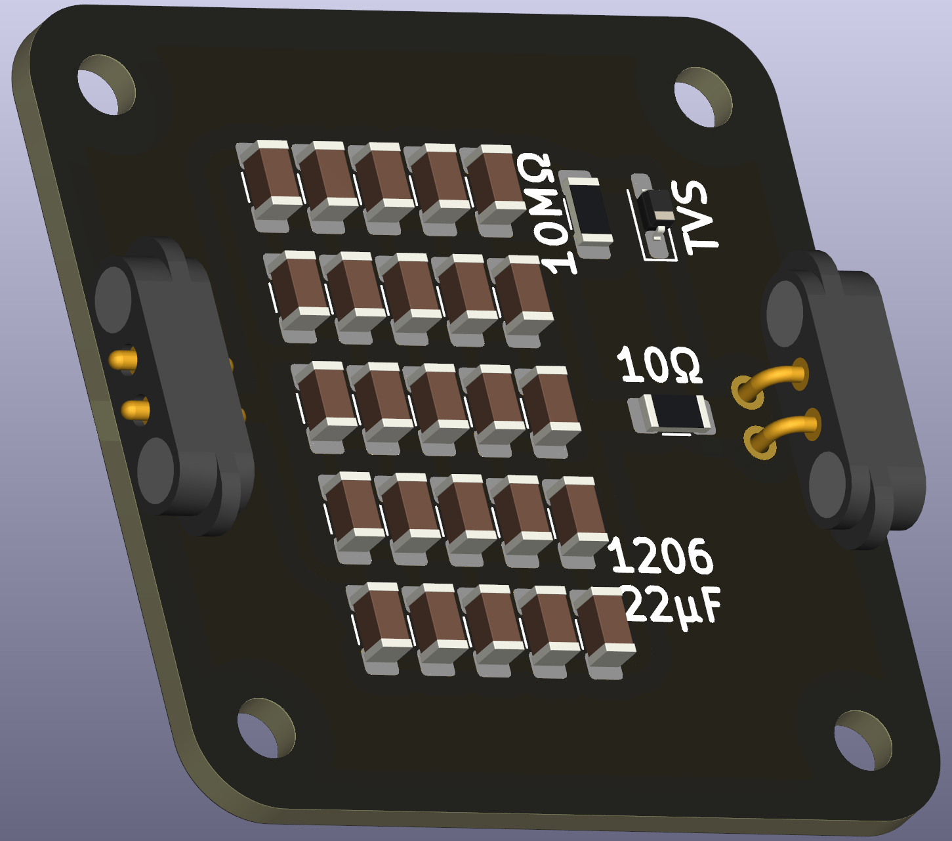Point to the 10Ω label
659,365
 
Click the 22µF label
672,606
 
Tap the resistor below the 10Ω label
672,414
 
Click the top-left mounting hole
106,85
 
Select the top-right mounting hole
703,97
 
